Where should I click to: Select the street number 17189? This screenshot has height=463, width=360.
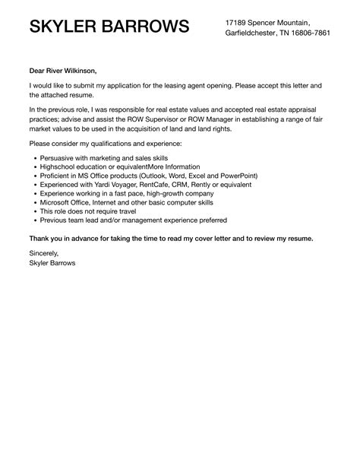[x=238, y=23]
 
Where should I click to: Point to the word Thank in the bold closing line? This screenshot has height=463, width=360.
[x=41, y=238]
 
